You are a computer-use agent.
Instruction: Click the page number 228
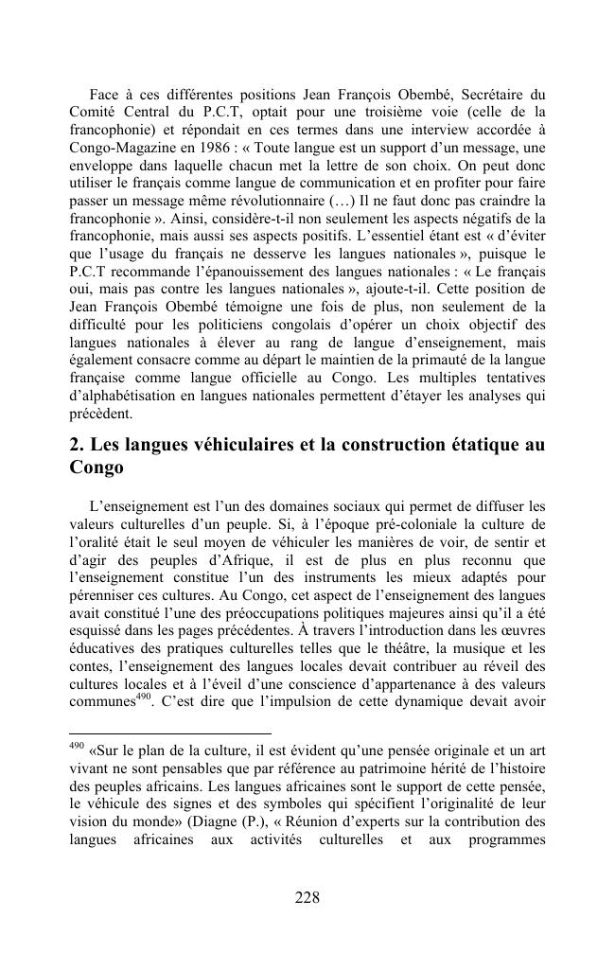(307, 898)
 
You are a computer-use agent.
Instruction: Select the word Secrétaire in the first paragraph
(489, 95)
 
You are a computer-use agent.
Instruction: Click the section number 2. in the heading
(79, 444)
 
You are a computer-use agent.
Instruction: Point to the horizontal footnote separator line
(170, 732)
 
